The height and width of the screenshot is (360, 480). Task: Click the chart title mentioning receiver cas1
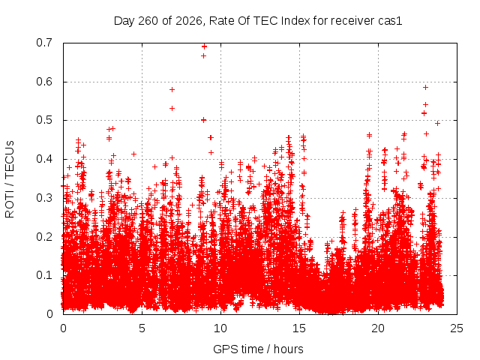tap(258, 21)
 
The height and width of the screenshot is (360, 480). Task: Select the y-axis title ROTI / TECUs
tap(10, 179)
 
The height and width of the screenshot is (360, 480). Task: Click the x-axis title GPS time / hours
tap(258, 349)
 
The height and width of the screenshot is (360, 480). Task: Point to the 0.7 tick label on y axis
tap(44, 43)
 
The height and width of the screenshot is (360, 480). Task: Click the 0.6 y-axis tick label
tap(44, 82)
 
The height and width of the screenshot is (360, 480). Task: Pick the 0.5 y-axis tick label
tap(44, 120)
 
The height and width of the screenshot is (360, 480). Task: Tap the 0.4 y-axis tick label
tap(44, 159)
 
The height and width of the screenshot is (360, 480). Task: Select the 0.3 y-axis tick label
tap(44, 198)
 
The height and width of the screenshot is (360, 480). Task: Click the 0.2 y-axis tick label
tap(44, 237)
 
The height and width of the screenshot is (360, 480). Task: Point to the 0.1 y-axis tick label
tap(44, 275)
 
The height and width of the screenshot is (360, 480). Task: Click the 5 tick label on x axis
tap(142, 328)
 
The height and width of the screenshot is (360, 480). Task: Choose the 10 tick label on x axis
tap(220, 328)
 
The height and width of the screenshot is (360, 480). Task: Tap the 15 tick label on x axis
tap(299, 328)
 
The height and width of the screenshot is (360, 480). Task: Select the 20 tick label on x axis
tap(378, 328)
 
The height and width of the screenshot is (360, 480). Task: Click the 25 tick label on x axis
tap(457, 328)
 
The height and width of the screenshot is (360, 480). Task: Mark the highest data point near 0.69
tap(204, 46)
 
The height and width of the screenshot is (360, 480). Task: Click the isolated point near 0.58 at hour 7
tap(172, 89)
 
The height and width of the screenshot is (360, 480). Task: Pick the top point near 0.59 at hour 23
tap(425, 88)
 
